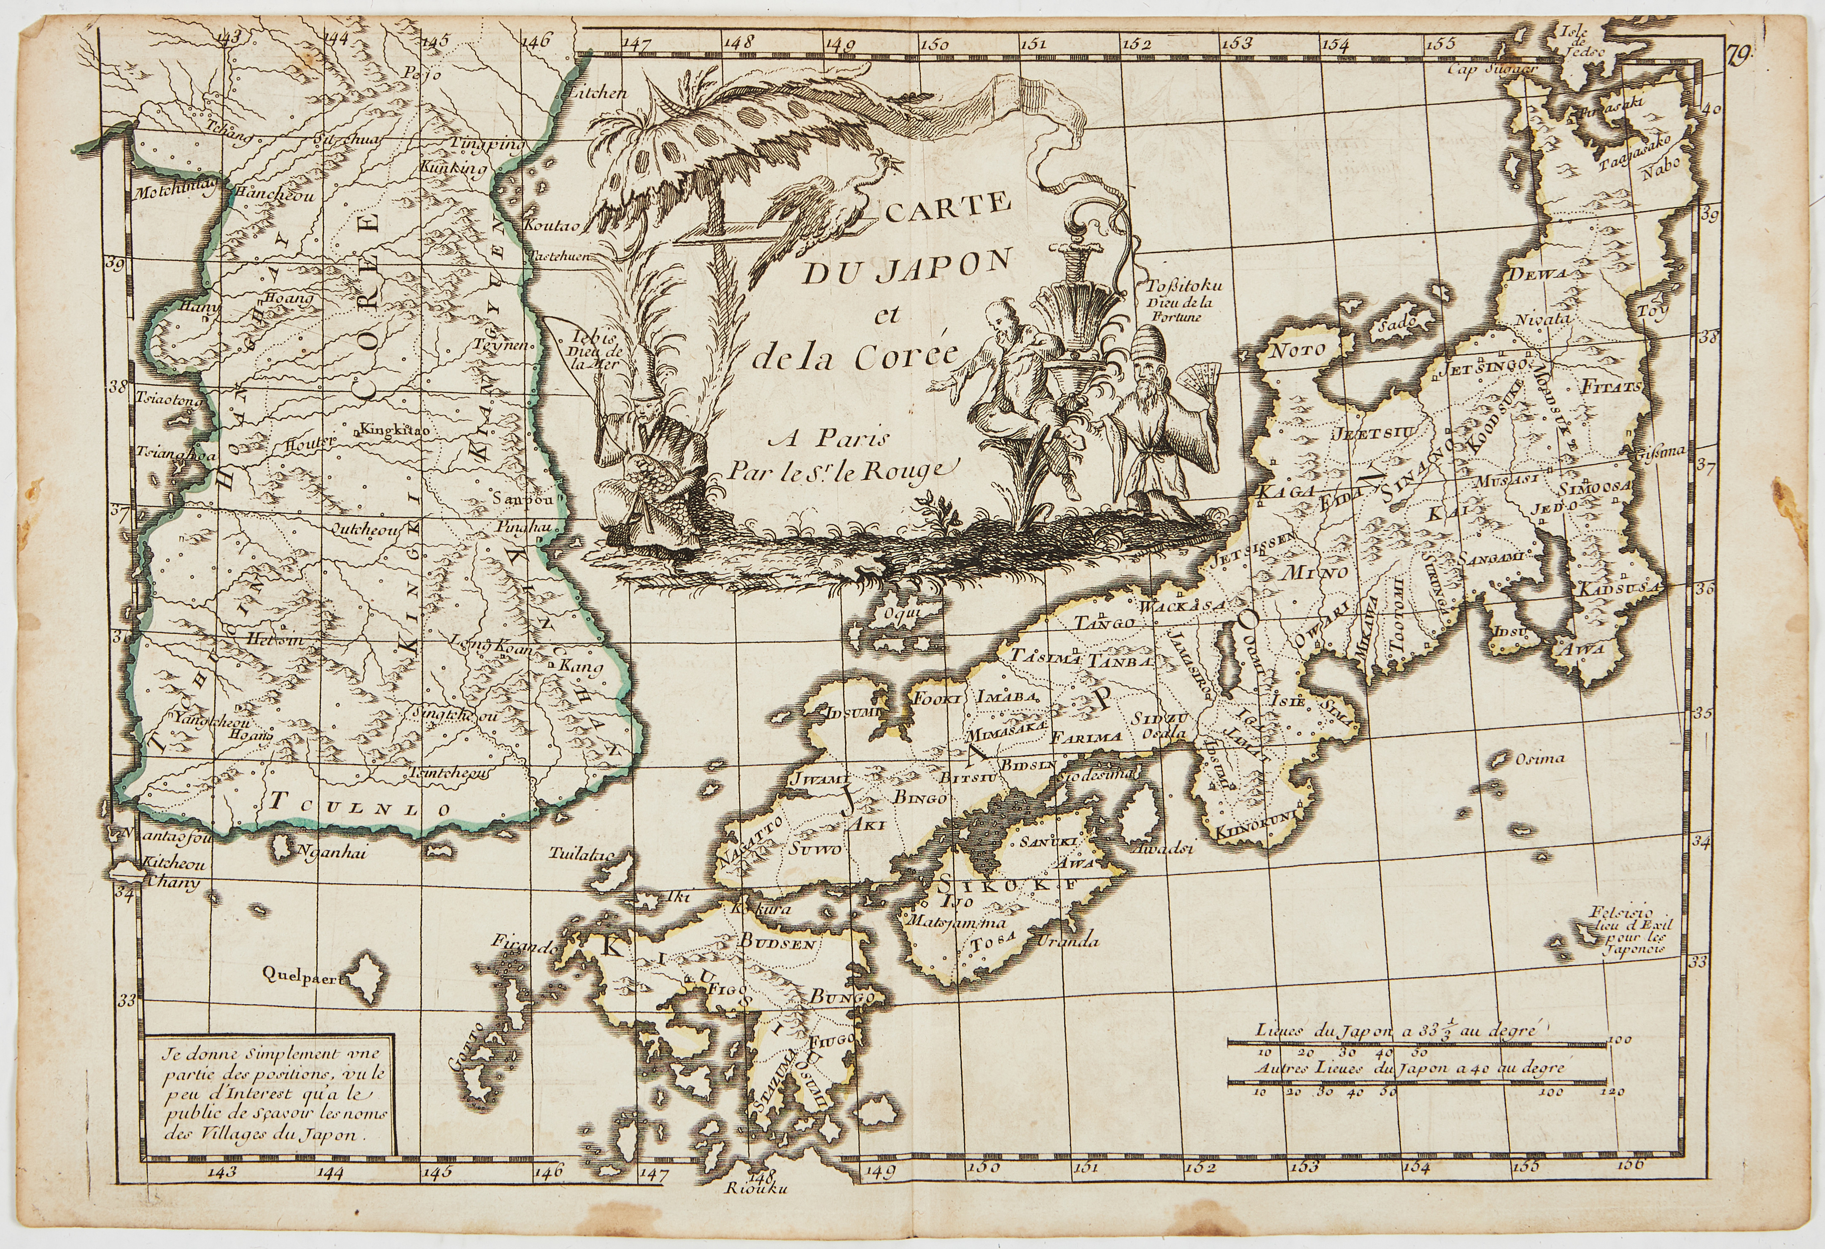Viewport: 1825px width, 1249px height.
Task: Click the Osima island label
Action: click(1539, 759)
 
